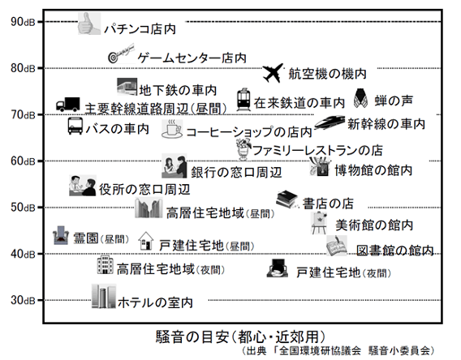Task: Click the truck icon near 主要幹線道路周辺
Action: click(x=67, y=105)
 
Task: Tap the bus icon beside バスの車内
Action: click(x=75, y=127)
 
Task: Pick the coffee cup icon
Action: click(x=171, y=128)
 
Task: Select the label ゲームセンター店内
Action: click(x=192, y=58)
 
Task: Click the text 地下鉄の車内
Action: click(x=178, y=88)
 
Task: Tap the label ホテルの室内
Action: click(x=155, y=302)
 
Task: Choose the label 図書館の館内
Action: click(x=394, y=249)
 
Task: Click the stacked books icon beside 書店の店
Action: click(x=287, y=198)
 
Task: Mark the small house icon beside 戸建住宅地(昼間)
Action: click(x=147, y=241)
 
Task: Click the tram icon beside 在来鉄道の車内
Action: click(x=243, y=101)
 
